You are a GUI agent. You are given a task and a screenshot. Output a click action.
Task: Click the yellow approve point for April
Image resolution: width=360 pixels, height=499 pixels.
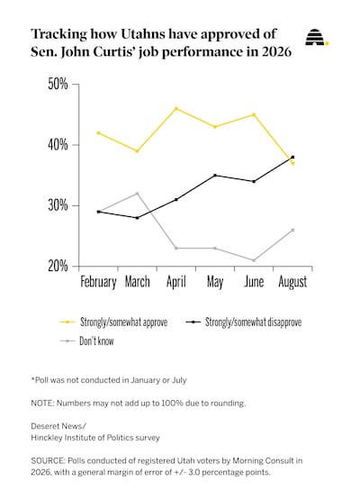(x=176, y=108)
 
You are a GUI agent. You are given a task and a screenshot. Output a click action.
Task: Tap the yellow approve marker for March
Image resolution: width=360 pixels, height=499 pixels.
(x=137, y=151)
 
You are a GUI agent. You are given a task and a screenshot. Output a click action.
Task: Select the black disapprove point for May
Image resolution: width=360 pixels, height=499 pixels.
(x=215, y=176)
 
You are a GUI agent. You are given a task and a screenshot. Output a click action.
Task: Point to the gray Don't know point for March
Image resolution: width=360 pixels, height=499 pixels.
(x=137, y=194)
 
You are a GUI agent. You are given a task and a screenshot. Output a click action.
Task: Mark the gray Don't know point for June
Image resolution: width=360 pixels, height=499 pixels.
(x=254, y=260)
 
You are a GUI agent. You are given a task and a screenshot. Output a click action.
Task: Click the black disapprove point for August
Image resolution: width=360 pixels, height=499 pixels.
(x=292, y=158)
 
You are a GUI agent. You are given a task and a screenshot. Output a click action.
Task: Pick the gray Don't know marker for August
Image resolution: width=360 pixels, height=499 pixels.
(x=292, y=230)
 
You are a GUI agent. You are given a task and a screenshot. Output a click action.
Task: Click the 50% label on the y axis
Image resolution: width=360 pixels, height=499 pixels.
(x=58, y=84)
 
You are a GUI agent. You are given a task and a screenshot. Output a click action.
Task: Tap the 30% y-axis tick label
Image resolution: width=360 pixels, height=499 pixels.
(x=58, y=205)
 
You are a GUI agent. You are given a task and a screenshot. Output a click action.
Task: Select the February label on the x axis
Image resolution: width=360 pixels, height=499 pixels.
(x=98, y=282)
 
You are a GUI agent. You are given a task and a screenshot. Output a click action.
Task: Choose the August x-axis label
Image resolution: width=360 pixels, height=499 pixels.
(x=292, y=282)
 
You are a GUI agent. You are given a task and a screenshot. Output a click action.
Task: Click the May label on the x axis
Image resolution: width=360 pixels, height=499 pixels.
(x=215, y=282)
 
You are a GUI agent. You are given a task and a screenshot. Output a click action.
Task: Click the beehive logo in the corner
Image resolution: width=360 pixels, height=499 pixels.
(x=317, y=37)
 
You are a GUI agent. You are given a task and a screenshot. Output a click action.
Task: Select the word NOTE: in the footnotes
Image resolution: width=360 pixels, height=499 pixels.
(x=42, y=404)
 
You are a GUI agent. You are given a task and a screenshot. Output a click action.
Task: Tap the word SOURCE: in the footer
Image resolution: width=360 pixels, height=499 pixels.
(x=48, y=461)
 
